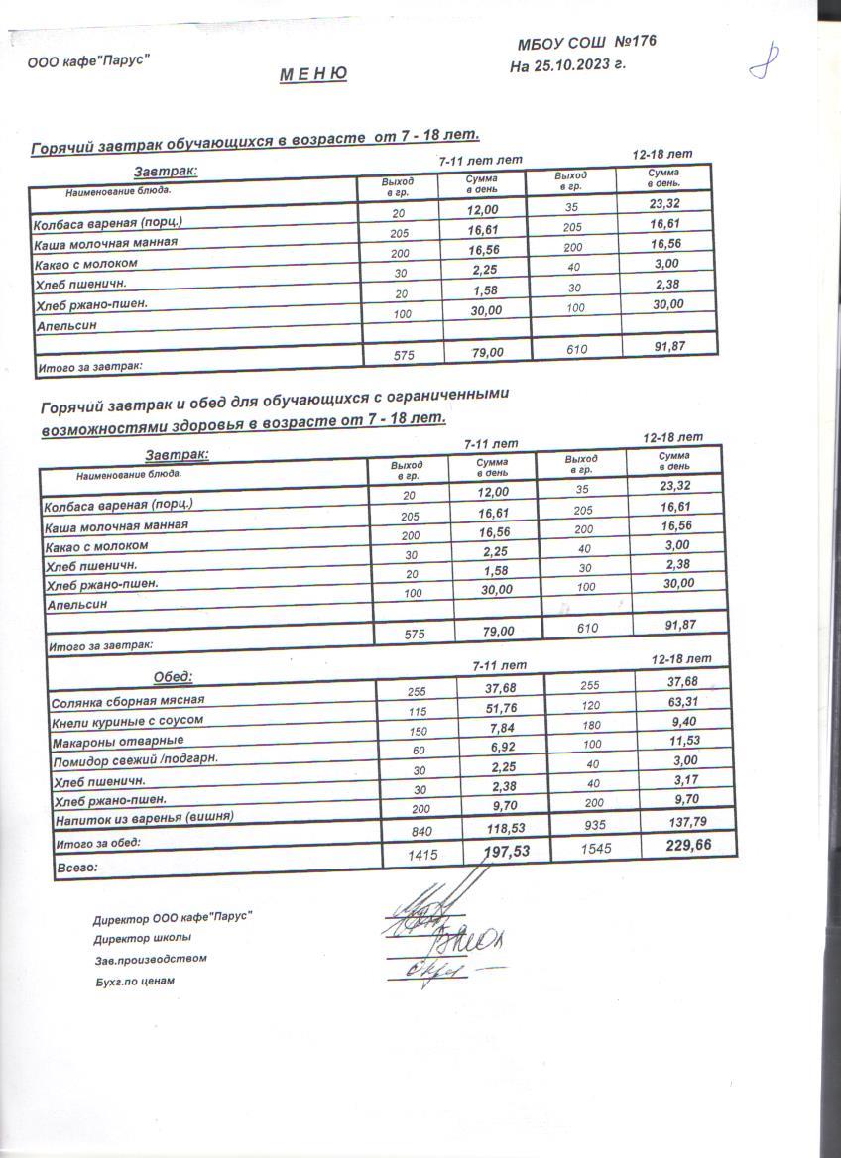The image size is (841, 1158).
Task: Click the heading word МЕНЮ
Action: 312,73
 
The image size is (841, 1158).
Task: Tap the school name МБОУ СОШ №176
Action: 586,43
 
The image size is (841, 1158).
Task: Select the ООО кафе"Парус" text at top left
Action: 88,60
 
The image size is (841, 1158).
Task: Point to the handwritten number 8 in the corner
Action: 763,61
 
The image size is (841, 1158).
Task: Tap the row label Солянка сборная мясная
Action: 127,702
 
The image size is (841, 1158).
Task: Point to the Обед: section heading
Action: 173,677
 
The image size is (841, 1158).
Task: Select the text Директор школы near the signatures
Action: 142,938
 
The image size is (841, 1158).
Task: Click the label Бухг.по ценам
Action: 133,981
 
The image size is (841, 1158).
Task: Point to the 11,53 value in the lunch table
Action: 679,741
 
